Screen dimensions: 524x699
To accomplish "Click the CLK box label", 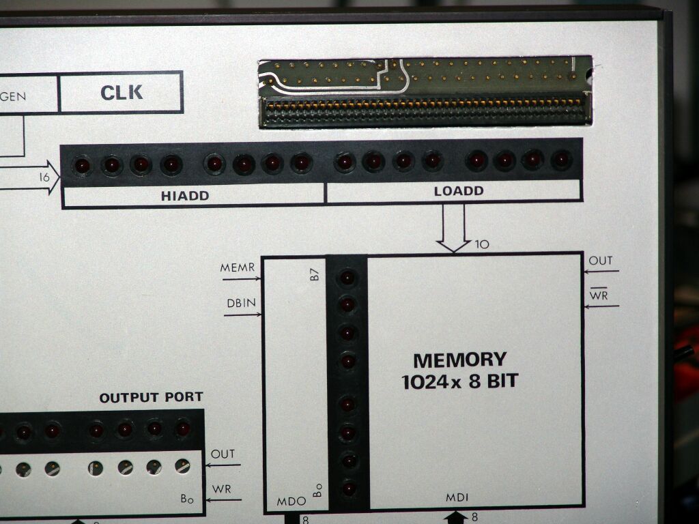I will pyautogui.click(x=122, y=93).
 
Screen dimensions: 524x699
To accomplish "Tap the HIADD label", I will pyautogui.click(x=185, y=196).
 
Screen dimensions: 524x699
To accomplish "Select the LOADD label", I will pyautogui.click(x=458, y=191).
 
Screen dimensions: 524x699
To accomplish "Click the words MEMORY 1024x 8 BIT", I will pyautogui.click(x=460, y=370).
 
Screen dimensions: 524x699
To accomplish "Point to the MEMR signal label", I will pyautogui.click(x=237, y=267).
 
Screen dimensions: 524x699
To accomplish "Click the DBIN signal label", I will pyautogui.click(x=240, y=304).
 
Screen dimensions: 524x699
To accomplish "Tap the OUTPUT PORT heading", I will pyautogui.click(x=151, y=397).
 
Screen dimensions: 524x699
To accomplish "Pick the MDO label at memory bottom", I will pyautogui.click(x=291, y=501).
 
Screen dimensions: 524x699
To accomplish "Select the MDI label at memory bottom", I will pyautogui.click(x=457, y=498).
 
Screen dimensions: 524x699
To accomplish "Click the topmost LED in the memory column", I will pyautogui.click(x=347, y=277).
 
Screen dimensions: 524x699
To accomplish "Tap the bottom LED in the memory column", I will pyautogui.click(x=349, y=489).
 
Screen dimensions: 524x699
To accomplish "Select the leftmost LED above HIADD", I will pyautogui.click(x=83, y=165).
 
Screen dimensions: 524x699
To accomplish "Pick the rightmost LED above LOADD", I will pyautogui.click(x=561, y=160).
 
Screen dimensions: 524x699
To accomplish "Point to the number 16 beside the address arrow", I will pyautogui.click(x=46, y=177).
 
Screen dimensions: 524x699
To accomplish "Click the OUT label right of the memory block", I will pyautogui.click(x=601, y=261).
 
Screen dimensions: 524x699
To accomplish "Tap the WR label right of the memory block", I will pyautogui.click(x=599, y=295).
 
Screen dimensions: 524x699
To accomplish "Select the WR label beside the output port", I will pyautogui.click(x=221, y=489).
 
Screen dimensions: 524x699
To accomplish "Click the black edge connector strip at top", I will pyautogui.click(x=425, y=112).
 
